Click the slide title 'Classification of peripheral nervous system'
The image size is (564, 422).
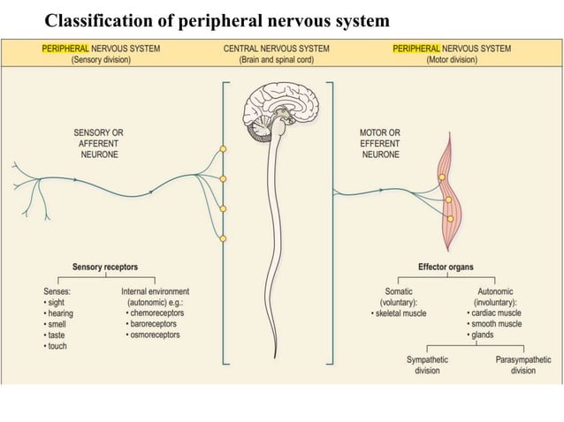217,20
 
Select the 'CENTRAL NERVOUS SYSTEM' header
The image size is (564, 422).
276,49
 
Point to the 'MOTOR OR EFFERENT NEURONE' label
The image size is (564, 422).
381,143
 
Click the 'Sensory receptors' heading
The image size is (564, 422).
105,267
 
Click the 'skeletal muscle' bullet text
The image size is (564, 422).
403,313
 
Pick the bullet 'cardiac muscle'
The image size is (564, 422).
497,313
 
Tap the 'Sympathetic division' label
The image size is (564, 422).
427,365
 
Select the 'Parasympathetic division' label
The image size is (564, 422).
522,365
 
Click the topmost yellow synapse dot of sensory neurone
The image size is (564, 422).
223,149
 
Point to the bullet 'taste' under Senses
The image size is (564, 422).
57,335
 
